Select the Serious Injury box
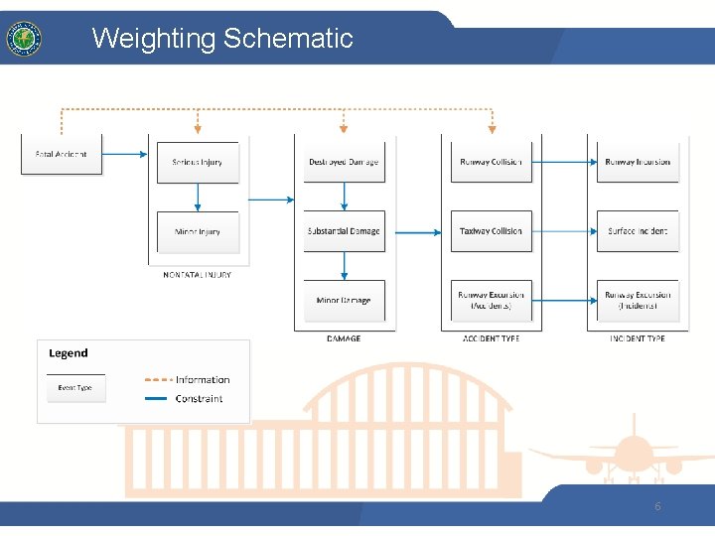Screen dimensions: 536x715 [x=198, y=162]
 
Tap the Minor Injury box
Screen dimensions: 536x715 [x=198, y=231]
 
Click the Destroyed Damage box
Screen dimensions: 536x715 [x=344, y=162]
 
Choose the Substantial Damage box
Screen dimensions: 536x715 [x=344, y=231]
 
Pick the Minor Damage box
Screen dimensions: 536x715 [x=344, y=301]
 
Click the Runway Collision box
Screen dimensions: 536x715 [x=491, y=162]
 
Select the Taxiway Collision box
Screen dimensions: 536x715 [x=491, y=231]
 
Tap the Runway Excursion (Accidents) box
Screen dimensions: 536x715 [x=491, y=301]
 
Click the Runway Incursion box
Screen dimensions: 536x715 [x=638, y=162]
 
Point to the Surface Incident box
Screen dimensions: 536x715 [x=638, y=231]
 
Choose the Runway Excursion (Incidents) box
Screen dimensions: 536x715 [x=638, y=301]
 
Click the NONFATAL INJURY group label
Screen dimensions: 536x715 [x=197, y=275]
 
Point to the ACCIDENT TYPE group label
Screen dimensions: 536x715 [x=491, y=338]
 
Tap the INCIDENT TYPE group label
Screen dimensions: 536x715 [x=638, y=338]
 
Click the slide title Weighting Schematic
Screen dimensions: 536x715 [x=222, y=39]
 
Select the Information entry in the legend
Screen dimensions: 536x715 [x=202, y=379]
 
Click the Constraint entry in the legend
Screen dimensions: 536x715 [x=199, y=399]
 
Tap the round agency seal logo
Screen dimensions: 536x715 [x=23, y=39]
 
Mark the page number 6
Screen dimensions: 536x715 [x=657, y=506]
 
